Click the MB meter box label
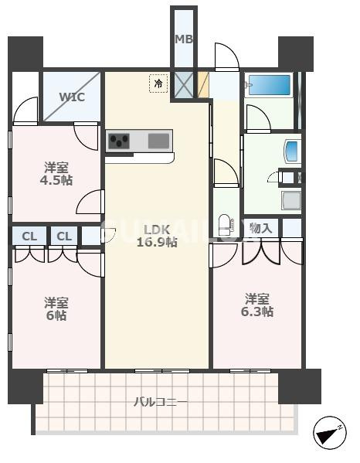click(x=184, y=39)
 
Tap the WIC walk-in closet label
click(x=72, y=97)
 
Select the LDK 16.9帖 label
click(x=157, y=236)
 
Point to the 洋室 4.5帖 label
click(x=56, y=174)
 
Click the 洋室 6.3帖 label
click(x=257, y=305)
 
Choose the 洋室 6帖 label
click(x=56, y=309)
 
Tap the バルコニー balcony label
click(x=161, y=402)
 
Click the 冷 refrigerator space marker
click(x=158, y=83)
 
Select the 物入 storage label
click(x=260, y=228)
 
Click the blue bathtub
click(x=270, y=85)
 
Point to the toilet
click(x=226, y=225)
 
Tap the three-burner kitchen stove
click(x=119, y=141)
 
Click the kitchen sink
click(x=158, y=141)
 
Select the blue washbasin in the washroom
click(x=293, y=151)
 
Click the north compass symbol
click(x=330, y=433)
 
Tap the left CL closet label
click(x=29, y=237)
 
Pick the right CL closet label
click(x=64, y=237)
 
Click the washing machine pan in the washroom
click(x=291, y=201)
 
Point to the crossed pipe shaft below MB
click(x=184, y=85)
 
